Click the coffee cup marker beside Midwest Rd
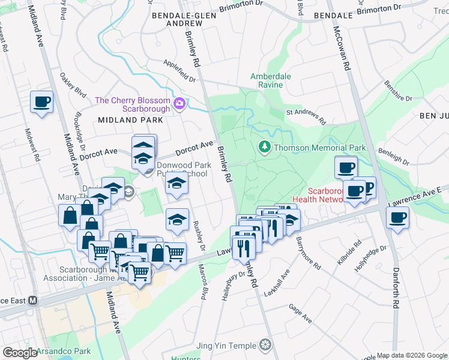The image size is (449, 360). click(x=41, y=101)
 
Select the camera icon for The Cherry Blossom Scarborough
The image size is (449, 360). click(x=179, y=105)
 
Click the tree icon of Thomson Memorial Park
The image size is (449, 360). click(x=264, y=146)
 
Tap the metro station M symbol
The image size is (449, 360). click(x=34, y=300)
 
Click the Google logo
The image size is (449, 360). click(x=19, y=353)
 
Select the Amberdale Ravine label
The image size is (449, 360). click(x=271, y=81)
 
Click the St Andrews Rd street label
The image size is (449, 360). click(x=306, y=116)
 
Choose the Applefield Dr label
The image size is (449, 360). click(x=180, y=70)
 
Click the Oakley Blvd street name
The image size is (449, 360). click(x=73, y=86)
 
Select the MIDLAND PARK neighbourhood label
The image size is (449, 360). click(x=127, y=120)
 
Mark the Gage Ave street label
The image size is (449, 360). click(x=300, y=314)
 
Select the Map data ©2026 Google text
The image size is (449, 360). click(x=412, y=355)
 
